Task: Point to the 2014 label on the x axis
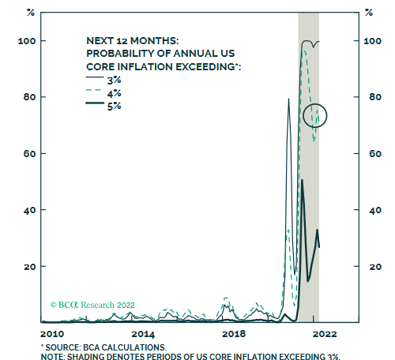tap(143, 334)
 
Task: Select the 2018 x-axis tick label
tap(235, 334)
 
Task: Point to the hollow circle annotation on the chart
tap(314, 115)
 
